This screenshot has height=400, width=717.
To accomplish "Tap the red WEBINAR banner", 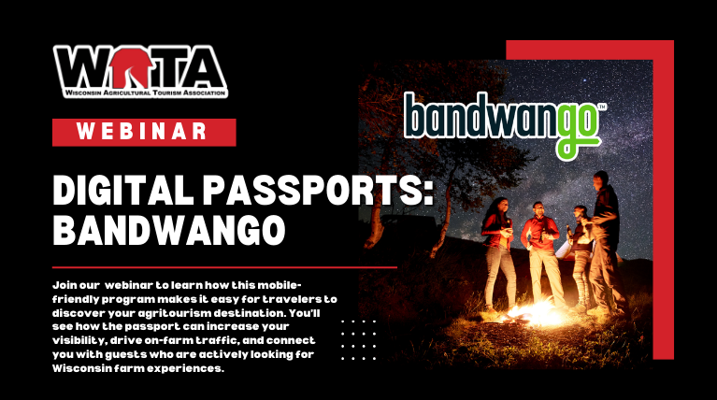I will [x=142, y=131].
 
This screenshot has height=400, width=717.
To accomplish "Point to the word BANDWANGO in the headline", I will [x=168, y=229].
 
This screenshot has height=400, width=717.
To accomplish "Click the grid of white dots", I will [x=358, y=337].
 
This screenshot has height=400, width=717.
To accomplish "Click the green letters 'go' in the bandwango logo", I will [x=577, y=131].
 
